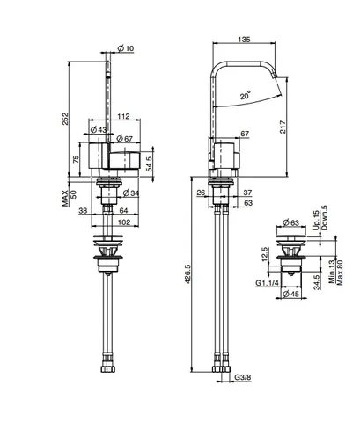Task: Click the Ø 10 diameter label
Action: point(126,48)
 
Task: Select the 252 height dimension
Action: point(65,119)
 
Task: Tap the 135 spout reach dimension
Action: point(244,40)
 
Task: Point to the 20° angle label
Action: point(246,95)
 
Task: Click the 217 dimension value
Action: point(283,127)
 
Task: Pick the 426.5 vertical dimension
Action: point(187,273)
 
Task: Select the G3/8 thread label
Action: point(243,377)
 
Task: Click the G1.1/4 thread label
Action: point(267,283)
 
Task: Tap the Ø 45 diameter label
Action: point(291,293)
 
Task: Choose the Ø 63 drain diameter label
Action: point(290,222)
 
